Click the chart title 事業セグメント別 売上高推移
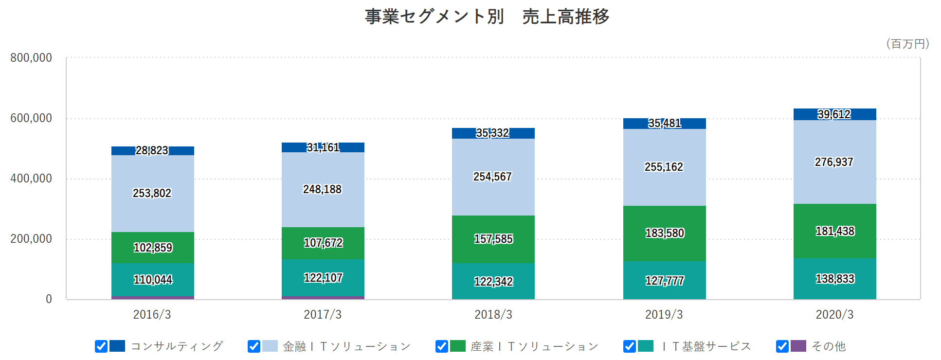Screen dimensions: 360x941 coord(487,17)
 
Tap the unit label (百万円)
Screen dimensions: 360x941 coord(907,44)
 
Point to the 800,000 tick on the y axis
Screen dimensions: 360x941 coord(31,58)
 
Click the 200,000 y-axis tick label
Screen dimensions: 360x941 coord(31,239)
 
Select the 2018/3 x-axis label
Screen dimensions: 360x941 coord(493,315)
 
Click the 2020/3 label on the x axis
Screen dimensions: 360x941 coord(834,315)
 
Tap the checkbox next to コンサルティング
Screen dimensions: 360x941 coord(101,346)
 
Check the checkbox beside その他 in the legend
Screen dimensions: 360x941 coord(782,346)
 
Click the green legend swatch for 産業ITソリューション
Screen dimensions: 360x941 coord(458,346)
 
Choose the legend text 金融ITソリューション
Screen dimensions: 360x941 coord(347,346)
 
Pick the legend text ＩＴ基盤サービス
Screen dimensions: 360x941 coord(706,346)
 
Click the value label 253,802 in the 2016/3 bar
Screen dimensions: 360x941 coord(152,193)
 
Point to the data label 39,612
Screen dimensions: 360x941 coord(834,114)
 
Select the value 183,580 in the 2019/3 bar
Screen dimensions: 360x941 coord(665,233)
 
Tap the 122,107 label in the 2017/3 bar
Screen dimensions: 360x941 coord(323,278)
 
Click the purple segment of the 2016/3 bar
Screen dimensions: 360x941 coord(153,298)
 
